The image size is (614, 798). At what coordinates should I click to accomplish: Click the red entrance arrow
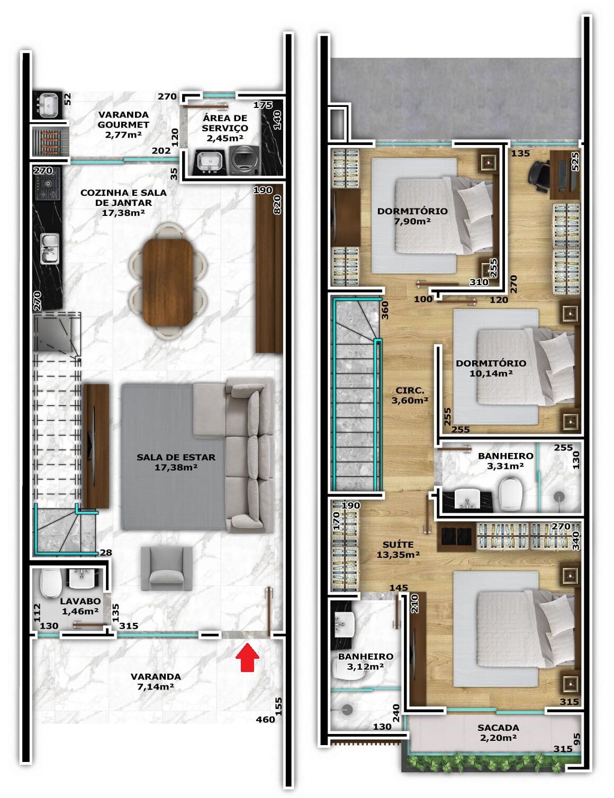[x=247, y=657]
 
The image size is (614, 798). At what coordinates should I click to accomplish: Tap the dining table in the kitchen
[x=168, y=282]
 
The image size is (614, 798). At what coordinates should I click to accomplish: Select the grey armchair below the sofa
[x=166, y=568]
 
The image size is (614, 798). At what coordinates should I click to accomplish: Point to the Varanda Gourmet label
[x=123, y=125]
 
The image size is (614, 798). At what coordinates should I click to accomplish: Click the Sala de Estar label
[x=176, y=462]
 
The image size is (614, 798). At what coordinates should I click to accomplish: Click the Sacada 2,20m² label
[x=498, y=732]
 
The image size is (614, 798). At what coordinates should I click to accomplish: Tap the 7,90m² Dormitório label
[x=412, y=216]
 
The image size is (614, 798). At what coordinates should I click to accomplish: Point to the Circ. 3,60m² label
[x=410, y=395]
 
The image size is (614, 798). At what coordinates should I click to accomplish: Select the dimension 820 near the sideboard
[x=277, y=205]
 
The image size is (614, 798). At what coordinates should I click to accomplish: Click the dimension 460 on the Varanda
[x=265, y=719]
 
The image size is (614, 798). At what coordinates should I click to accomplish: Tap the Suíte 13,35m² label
[x=398, y=549]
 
